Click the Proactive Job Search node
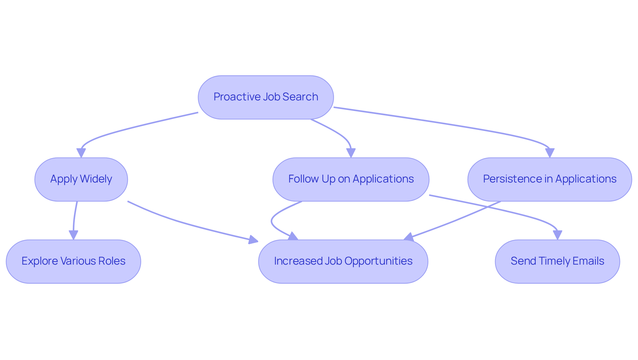266,97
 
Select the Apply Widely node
81,179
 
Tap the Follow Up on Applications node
351,179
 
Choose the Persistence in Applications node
549,179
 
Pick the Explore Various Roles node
73,261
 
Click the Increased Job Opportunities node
343,261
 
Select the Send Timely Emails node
557,261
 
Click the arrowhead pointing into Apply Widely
81,153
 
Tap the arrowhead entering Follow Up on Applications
351,153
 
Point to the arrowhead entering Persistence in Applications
550,153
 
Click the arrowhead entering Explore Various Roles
73,235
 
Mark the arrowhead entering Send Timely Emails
557,235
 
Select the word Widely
96,179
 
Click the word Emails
589,261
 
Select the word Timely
552,261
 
